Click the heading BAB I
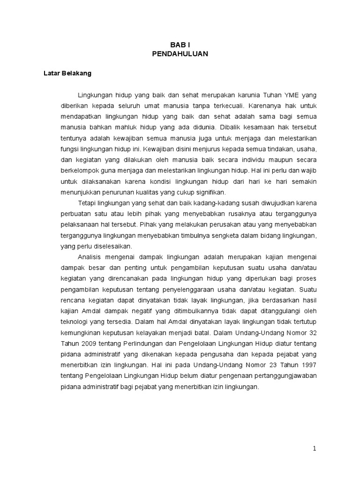pyautogui.click(x=180, y=45)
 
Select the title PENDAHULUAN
pyautogui.click(x=180, y=54)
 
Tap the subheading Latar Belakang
pyautogui.click(x=67, y=74)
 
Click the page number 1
pyautogui.click(x=315, y=449)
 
